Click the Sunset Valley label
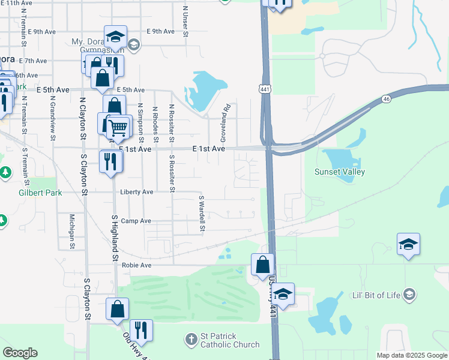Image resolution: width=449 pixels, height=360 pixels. (x=340, y=172)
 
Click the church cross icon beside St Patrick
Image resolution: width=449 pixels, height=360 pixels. (x=191, y=340)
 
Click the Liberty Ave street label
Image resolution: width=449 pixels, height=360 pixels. (x=137, y=192)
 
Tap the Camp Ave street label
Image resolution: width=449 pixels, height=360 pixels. (x=136, y=221)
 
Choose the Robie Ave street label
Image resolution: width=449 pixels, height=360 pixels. (x=136, y=265)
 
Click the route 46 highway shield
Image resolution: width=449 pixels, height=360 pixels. (x=386, y=98)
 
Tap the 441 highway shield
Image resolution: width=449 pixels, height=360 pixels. (x=265, y=89)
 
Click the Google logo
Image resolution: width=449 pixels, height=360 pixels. (x=20, y=353)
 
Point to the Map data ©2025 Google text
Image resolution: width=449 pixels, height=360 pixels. (x=411, y=355)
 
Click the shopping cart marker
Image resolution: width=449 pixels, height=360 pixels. (x=119, y=126)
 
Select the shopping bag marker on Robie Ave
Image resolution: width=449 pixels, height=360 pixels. (x=263, y=264)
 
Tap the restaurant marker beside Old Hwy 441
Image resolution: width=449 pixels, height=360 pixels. (x=141, y=330)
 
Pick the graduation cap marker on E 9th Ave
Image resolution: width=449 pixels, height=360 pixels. (x=115, y=38)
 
